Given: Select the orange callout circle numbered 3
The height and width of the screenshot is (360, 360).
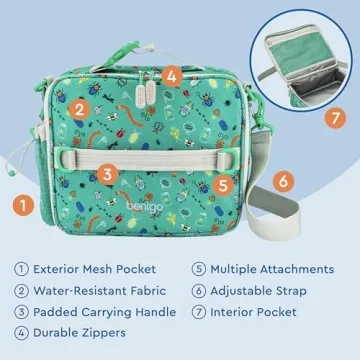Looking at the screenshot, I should pyautogui.click(x=107, y=173).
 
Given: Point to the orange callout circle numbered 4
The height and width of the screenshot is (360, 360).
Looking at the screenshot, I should pyautogui.click(x=171, y=74).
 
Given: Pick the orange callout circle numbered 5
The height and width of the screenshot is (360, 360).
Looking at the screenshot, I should pyautogui.click(x=224, y=184).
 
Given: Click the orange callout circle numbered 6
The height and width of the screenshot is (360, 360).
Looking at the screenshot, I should pyautogui.click(x=283, y=181).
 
